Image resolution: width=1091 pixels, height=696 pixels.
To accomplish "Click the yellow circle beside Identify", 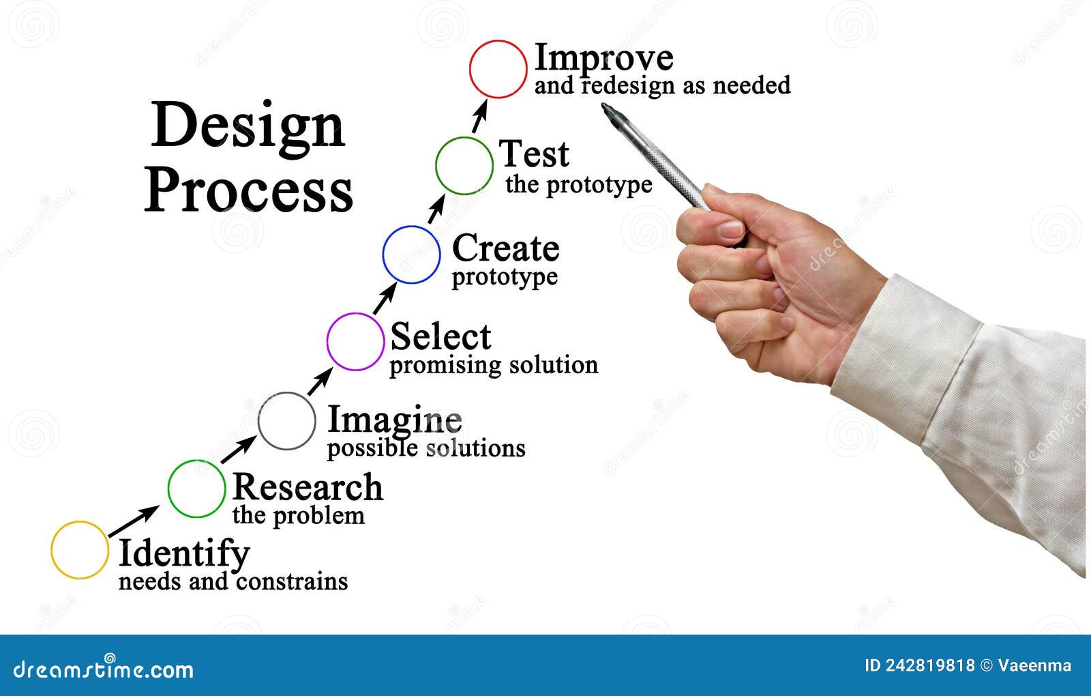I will (x=80, y=550).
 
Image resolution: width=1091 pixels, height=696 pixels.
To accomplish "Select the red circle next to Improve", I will (x=498, y=69).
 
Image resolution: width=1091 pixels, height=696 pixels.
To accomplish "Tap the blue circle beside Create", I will (x=411, y=255).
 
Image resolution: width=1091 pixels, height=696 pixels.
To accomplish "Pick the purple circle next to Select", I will (x=355, y=341).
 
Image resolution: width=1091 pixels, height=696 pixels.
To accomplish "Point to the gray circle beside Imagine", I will (x=287, y=421).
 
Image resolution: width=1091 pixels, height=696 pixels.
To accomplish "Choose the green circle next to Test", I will (x=464, y=166).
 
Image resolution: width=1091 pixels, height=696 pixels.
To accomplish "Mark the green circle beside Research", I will (x=196, y=488).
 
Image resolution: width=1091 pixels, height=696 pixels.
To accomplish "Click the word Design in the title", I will (x=248, y=127).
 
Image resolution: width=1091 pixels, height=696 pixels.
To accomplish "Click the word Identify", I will (x=184, y=554).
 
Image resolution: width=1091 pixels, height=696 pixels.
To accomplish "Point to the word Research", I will (x=308, y=487).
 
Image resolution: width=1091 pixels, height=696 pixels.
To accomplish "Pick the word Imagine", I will (x=395, y=420).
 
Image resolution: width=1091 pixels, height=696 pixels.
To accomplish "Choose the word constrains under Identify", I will (x=292, y=581).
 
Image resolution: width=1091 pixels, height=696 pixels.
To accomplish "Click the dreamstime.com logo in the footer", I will (x=104, y=669).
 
